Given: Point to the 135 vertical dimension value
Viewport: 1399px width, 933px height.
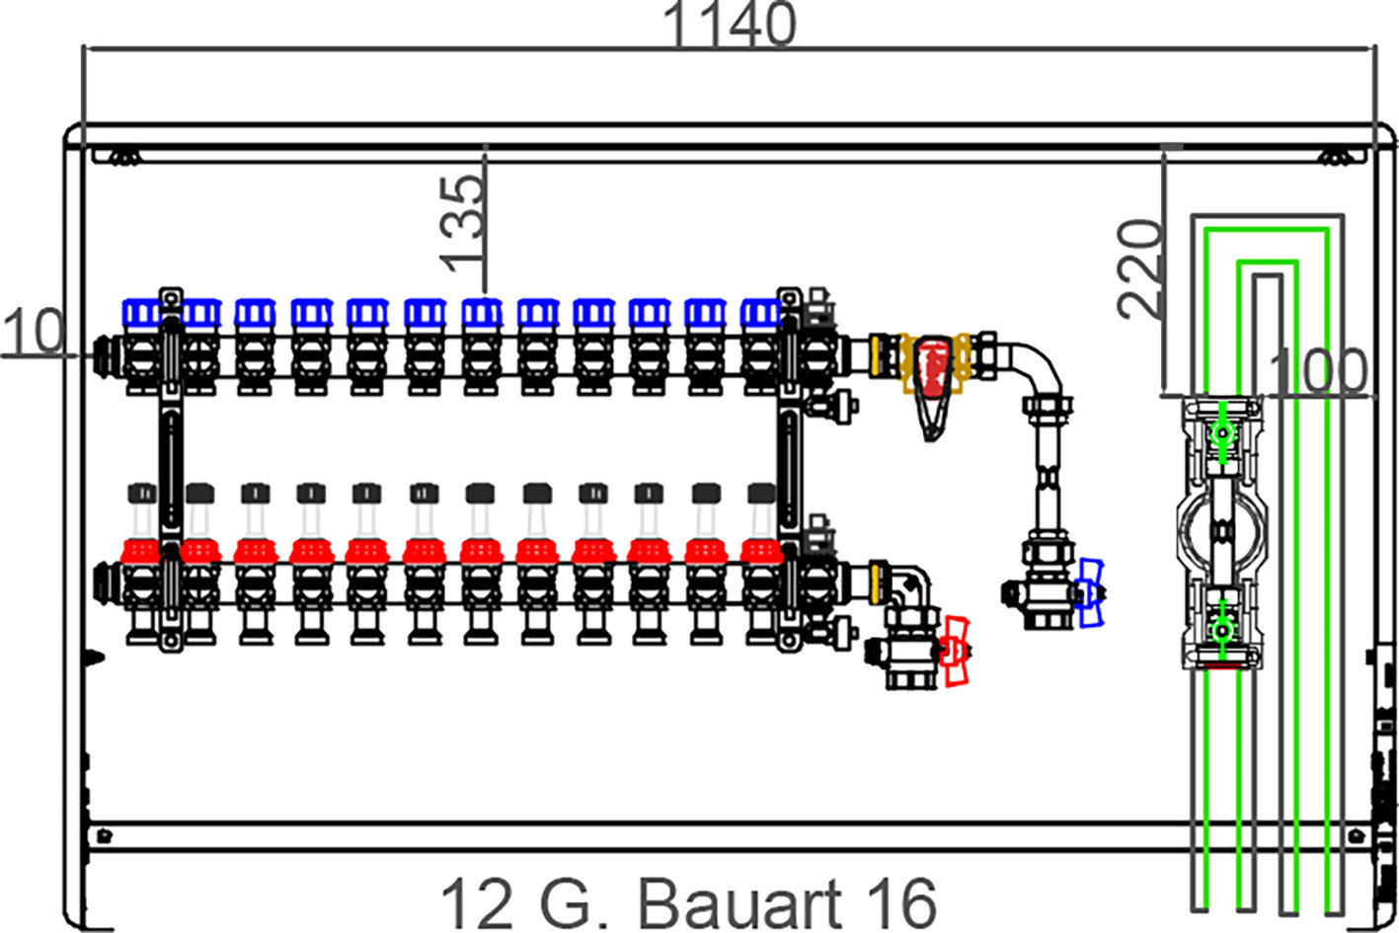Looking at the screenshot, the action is tap(462, 225).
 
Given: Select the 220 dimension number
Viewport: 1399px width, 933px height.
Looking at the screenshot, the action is tap(1140, 270).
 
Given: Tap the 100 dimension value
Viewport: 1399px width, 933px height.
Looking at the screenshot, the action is tap(1318, 372).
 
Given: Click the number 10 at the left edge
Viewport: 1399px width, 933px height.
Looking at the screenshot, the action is tap(34, 331).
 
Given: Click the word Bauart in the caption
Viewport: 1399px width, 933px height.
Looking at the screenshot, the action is tap(739, 905).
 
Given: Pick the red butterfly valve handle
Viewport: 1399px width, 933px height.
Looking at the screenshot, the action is tap(956, 652).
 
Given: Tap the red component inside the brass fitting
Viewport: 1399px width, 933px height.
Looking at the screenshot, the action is tap(933, 368).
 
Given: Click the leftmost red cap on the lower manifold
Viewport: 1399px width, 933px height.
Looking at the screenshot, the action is tap(140, 552).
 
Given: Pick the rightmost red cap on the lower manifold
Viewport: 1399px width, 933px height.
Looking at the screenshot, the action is tap(761, 552).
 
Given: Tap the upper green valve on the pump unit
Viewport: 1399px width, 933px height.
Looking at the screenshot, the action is tap(1221, 432).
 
